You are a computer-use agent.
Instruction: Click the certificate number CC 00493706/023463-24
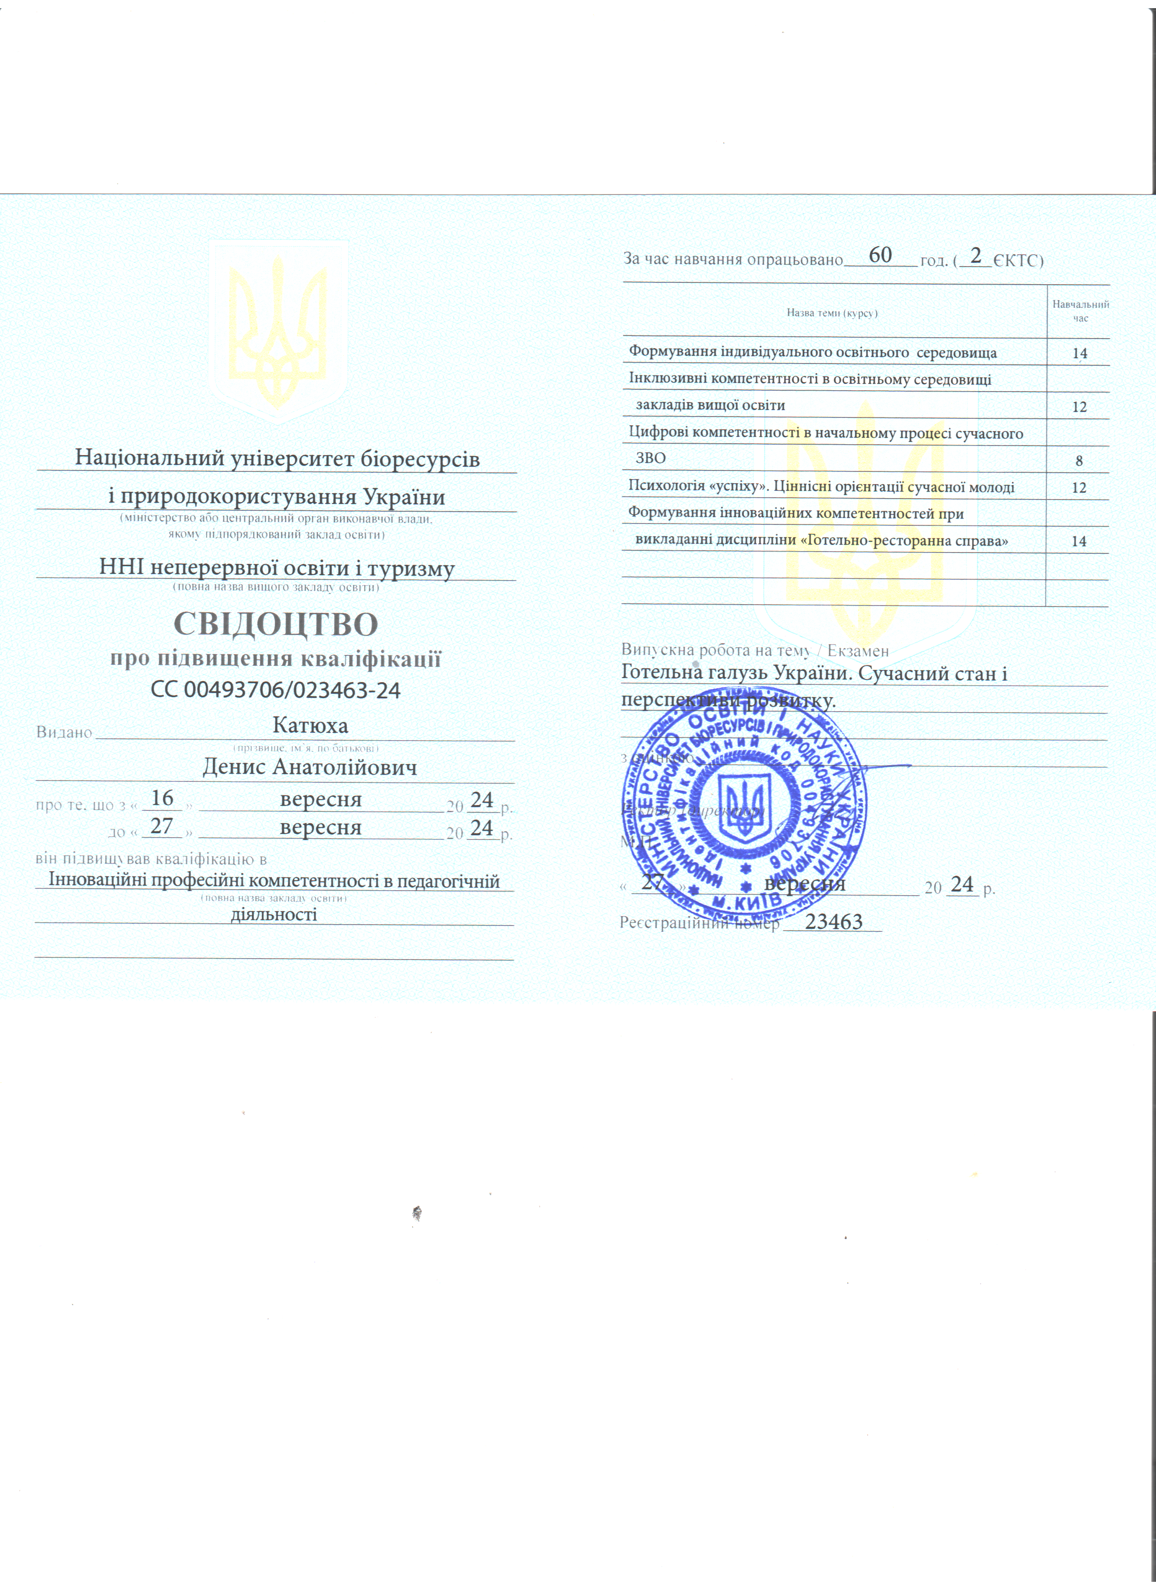click(x=276, y=691)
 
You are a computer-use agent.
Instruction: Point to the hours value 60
click(x=880, y=255)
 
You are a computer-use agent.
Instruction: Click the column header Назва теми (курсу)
click(x=832, y=313)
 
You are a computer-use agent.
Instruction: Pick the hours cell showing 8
click(x=1079, y=461)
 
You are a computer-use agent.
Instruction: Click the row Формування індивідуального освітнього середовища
click(x=812, y=352)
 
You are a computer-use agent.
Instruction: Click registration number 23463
click(x=834, y=922)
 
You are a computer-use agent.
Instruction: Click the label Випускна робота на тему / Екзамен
click(x=754, y=650)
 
